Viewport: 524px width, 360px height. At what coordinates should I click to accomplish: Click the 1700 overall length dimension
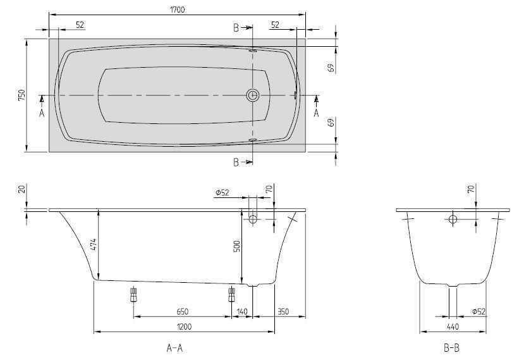click(178, 9)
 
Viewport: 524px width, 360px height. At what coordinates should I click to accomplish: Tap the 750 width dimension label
click(21, 96)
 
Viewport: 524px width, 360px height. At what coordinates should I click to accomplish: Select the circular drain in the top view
click(253, 96)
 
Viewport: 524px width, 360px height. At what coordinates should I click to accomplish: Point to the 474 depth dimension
click(94, 245)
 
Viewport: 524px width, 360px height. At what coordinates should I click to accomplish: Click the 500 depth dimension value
click(236, 246)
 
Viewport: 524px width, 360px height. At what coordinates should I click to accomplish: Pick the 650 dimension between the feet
click(182, 311)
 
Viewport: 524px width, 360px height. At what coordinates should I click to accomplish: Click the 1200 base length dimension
click(184, 326)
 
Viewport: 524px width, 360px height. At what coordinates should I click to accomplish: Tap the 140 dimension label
click(241, 311)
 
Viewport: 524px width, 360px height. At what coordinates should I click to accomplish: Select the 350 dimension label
click(283, 311)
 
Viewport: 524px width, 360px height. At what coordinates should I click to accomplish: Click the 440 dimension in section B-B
click(453, 326)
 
